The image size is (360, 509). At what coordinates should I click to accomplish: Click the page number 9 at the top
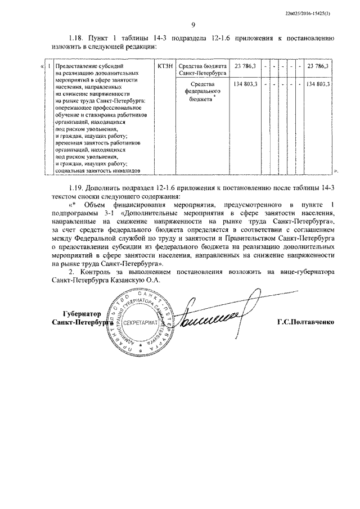click(193, 25)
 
